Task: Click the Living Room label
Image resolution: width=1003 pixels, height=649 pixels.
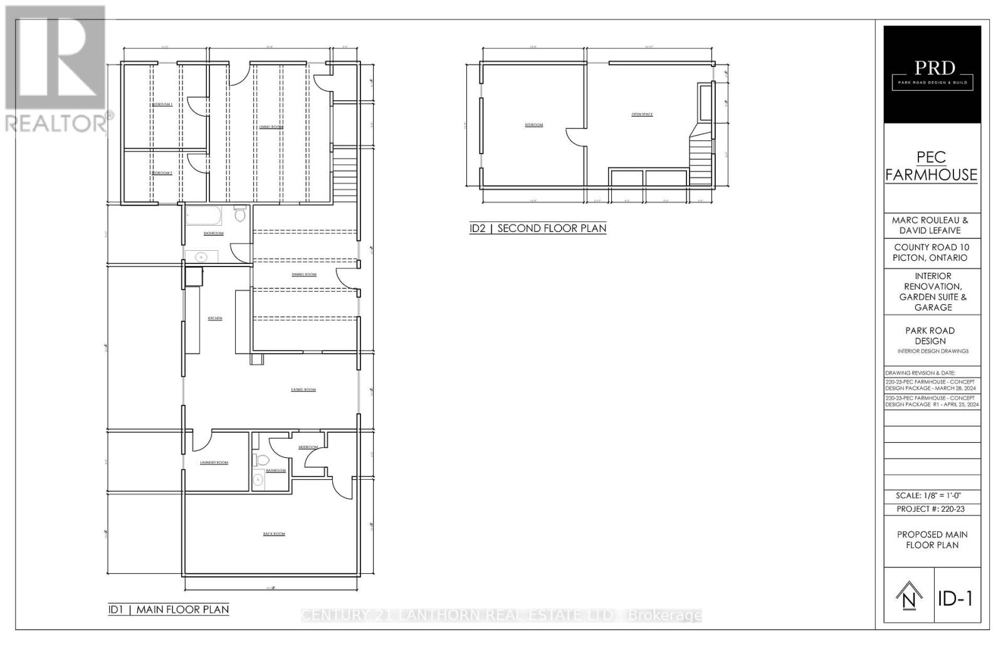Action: [x=271, y=127]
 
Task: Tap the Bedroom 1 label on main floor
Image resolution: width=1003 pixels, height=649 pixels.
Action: [x=162, y=104]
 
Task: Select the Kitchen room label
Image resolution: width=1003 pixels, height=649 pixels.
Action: [x=215, y=319]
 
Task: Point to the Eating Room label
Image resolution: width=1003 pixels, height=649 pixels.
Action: [x=303, y=390]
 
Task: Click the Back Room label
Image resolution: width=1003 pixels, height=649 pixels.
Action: [x=274, y=534]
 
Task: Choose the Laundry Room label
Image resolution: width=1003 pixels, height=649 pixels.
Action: [x=214, y=463]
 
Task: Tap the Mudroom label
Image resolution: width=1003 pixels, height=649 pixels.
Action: [x=308, y=447]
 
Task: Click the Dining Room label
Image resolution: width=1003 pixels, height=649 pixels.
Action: [x=304, y=275]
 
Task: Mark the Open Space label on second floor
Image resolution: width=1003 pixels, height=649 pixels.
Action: [x=642, y=114]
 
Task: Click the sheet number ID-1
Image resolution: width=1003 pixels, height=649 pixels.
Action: [x=955, y=599]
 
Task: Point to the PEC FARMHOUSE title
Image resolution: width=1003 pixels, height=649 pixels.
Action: [x=931, y=166]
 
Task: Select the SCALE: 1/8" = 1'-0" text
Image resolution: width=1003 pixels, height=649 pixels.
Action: [x=932, y=495]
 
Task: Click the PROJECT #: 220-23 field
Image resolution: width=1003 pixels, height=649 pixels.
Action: [x=931, y=509]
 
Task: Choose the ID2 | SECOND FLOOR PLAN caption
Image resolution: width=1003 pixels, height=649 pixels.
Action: [x=538, y=228]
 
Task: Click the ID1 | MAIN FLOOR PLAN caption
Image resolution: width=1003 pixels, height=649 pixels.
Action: [x=169, y=609]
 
